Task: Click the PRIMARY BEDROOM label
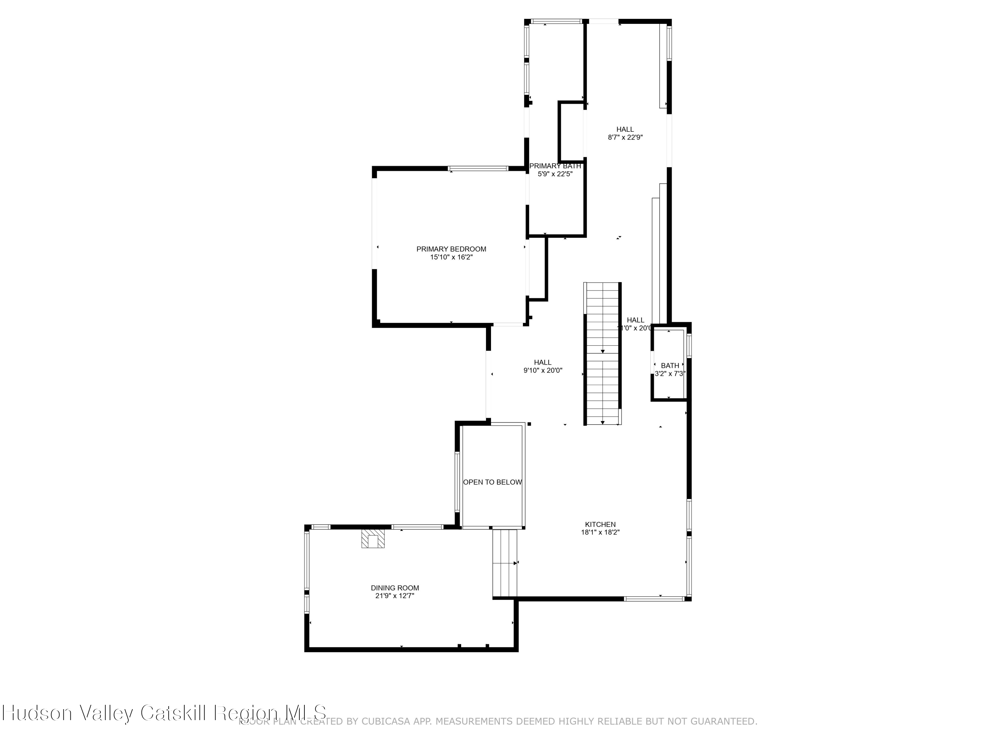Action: point(451,249)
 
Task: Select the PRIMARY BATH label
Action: point(555,166)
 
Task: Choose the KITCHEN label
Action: point(600,525)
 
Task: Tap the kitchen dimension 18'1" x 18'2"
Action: point(600,533)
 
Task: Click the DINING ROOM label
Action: point(394,588)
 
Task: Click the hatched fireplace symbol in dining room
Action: point(373,539)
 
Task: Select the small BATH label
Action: point(670,366)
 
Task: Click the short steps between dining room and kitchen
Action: point(505,563)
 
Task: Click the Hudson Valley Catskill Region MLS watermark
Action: point(164,713)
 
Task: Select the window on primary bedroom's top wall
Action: point(478,168)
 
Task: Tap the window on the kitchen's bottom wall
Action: point(653,599)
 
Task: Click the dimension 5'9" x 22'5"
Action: point(555,174)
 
